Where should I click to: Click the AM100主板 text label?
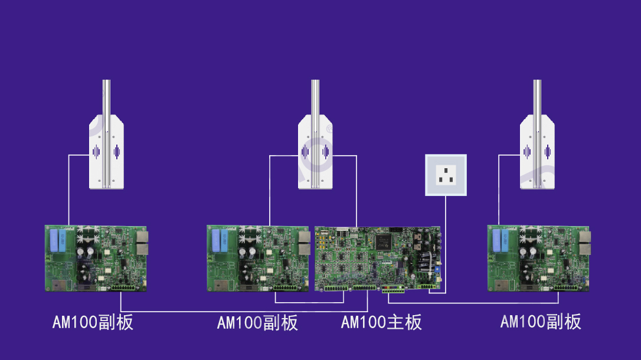pos(381,322)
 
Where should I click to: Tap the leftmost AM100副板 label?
pos(93,322)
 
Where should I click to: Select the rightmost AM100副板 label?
pos(541,322)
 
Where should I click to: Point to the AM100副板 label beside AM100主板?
pos(257,322)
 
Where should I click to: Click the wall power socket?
pos(446,175)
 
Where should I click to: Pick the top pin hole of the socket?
pos(446,171)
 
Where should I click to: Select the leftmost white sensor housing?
pos(106,152)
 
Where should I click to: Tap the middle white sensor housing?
pos(315,152)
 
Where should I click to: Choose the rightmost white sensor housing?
pos(537,152)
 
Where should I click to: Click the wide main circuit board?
pos(378,259)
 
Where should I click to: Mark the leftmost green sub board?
pos(96,258)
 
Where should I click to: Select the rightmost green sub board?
pos(539,258)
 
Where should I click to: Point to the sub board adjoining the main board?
pos(259,258)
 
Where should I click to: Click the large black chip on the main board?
pos(383,241)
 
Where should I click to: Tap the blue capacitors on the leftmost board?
pos(58,241)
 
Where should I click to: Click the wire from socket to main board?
pos(446,245)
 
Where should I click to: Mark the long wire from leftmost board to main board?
pos(244,312)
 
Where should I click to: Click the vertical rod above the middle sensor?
pos(315,97)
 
